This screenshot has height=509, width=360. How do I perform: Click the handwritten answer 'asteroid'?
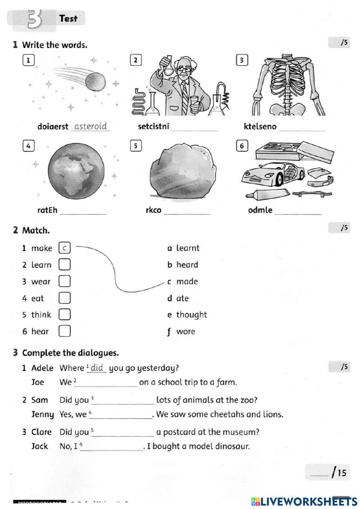tap(90, 126)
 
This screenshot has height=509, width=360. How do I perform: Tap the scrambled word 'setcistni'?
tap(153, 126)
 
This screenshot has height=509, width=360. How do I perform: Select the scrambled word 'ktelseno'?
tap(260, 126)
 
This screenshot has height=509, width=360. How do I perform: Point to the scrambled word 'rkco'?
tap(153, 210)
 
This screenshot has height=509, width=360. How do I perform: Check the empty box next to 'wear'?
tap(64, 281)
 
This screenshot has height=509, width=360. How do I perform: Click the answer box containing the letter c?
tap(64, 248)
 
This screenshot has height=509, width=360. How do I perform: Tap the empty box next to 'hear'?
tap(64, 331)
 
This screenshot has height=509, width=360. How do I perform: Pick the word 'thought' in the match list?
tap(192, 315)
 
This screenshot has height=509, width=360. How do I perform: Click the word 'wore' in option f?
tap(185, 332)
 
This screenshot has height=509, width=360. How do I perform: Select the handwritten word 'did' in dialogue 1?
tap(97, 368)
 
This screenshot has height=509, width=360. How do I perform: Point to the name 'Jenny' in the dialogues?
tap(42, 415)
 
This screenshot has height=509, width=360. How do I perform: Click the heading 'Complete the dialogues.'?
tap(71, 353)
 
